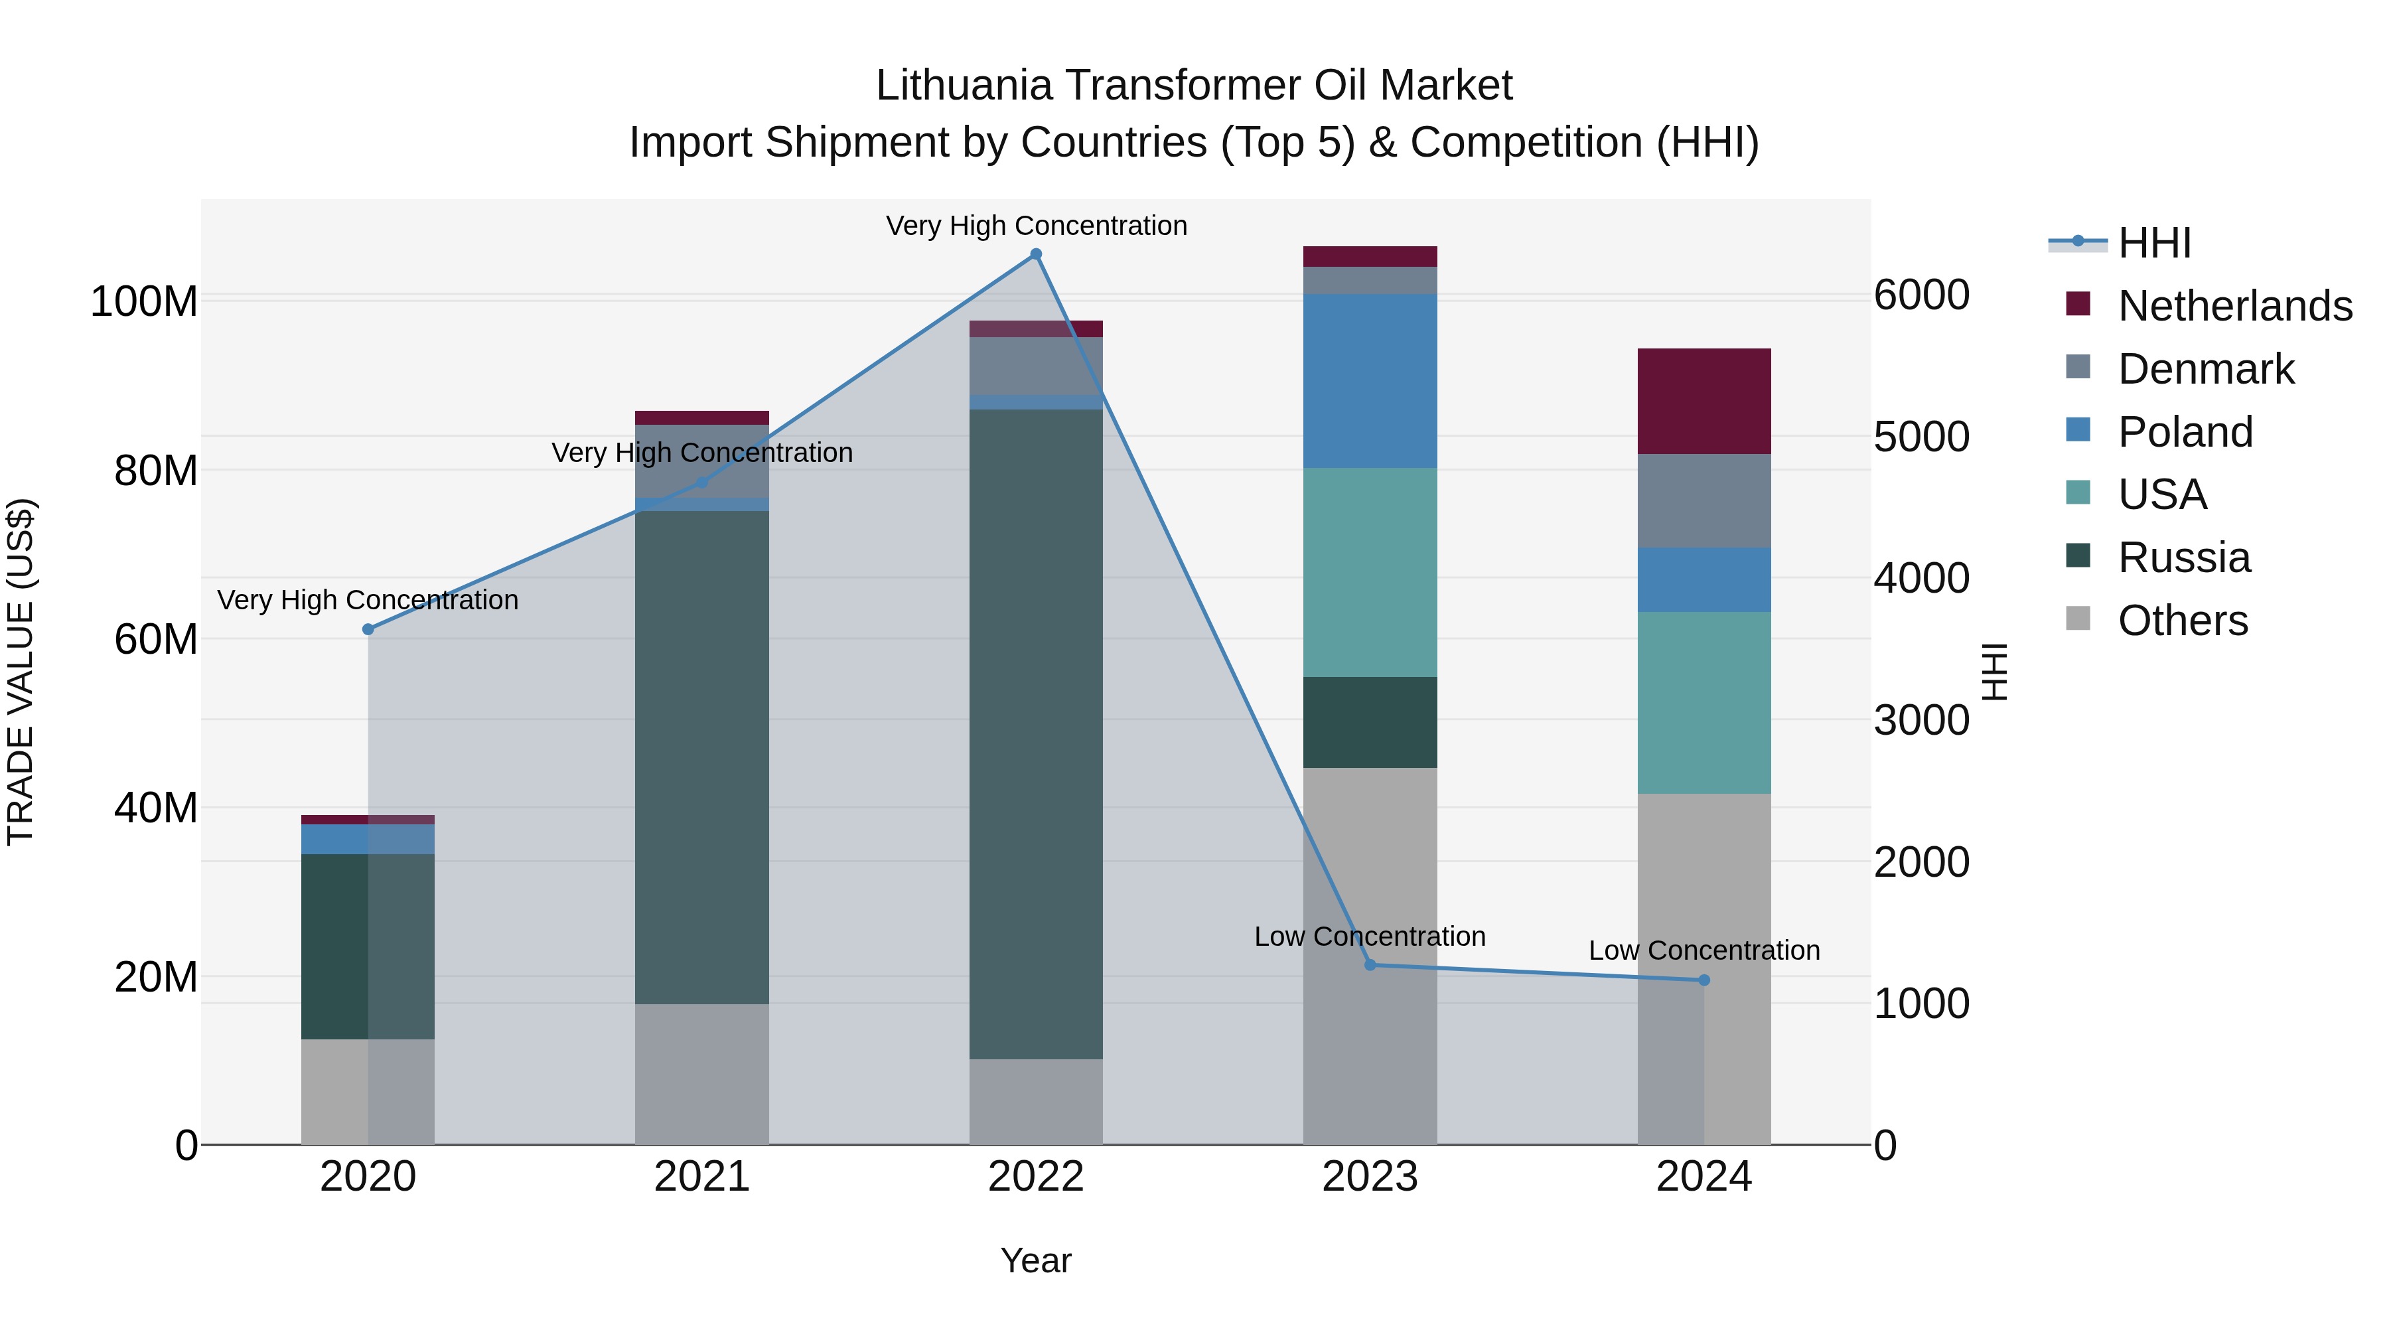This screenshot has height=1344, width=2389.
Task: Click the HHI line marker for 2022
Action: pos(1036,254)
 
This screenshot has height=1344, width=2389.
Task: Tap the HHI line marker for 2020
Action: pos(368,629)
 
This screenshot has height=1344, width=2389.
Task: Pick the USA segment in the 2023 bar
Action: pos(1370,572)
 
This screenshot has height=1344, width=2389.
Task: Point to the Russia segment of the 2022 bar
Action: pos(1036,733)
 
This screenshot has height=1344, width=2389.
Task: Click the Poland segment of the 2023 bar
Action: pos(1370,380)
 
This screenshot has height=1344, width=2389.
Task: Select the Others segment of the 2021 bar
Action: pos(702,1073)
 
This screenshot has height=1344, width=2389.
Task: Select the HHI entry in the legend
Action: pos(2153,243)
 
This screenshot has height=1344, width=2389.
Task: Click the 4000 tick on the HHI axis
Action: pos(1922,579)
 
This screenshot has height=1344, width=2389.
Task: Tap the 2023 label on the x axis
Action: pos(1370,1177)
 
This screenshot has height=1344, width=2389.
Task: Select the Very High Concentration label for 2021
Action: pos(702,453)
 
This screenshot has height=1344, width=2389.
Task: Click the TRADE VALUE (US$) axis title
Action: pos(21,672)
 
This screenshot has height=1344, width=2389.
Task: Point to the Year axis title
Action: pos(1036,1260)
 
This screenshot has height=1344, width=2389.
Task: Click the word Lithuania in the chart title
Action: pos(964,86)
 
